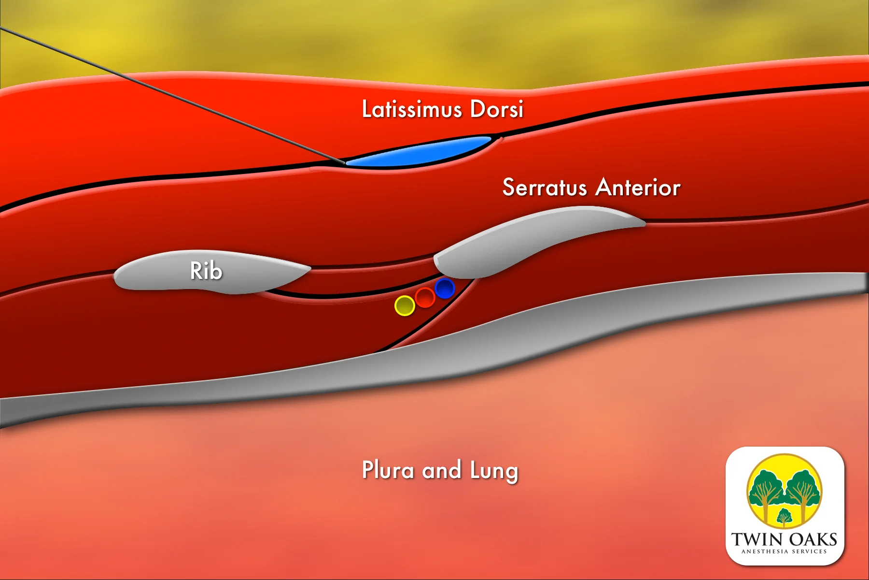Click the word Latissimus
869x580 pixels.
tap(412, 109)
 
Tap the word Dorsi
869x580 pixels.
tap(496, 109)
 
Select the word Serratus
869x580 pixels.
tap(544, 188)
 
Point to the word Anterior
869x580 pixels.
tap(638, 188)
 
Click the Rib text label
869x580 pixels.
tap(206, 271)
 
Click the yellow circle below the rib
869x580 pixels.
tap(405, 305)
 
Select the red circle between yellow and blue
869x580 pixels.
tap(425, 297)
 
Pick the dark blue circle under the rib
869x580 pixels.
tap(445, 289)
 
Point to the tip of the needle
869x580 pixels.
tap(344, 163)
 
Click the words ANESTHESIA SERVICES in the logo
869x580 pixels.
tap(784, 551)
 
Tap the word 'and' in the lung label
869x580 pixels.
tap(441, 470)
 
